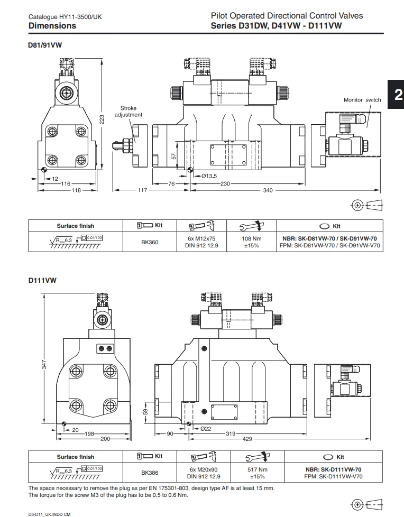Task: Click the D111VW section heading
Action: point(42,281)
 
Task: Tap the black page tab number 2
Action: point(397,95)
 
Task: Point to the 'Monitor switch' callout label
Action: point(362,100)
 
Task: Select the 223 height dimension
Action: point(102,121)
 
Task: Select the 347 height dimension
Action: point(44,364)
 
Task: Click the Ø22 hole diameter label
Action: point(206,429)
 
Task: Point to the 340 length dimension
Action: point(268,190)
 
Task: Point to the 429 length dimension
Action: point(247,439)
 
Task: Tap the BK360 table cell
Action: point(150,242)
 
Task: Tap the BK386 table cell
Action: point(150,473)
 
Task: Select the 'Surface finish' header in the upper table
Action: point(75,226)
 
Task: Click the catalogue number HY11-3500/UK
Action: point(66,17)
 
